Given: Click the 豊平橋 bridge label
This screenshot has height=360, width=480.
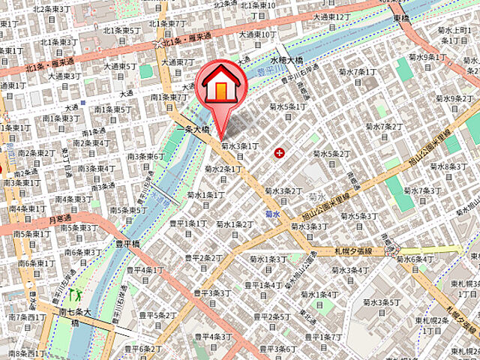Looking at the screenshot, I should point(128,243).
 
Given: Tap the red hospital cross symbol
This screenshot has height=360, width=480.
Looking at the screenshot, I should point(280,153).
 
